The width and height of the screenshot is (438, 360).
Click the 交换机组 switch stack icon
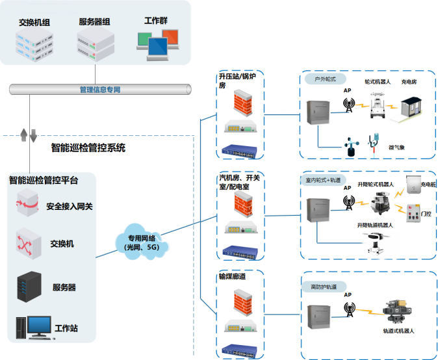coord(34,43)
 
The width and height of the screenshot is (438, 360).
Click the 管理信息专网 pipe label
coord(99,89)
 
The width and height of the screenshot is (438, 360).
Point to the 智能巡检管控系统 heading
coord(88,148)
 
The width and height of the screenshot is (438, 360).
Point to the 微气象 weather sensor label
coord(396,148)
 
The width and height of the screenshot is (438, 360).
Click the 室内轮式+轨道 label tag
coord(323,179)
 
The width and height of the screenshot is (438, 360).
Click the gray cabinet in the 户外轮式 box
coord(318,113)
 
